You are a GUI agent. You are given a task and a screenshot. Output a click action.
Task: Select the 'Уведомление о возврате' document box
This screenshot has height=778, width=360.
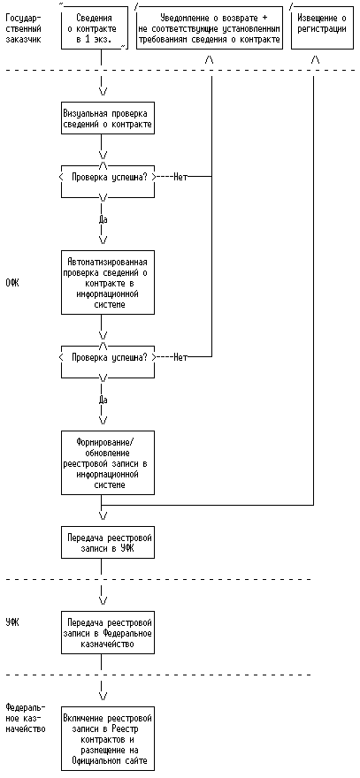[x=210, y=27]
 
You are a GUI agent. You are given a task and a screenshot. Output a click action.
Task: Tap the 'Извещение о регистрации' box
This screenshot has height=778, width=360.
[x=321, y=27]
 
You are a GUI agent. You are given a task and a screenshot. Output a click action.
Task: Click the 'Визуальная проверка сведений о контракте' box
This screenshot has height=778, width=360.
[x=108, y=118]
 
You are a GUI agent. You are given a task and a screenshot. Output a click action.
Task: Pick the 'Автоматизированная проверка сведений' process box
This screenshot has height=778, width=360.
[x=108, y=283]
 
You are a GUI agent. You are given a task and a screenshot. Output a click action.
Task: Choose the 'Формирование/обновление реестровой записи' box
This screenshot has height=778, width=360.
[x=108, y=463]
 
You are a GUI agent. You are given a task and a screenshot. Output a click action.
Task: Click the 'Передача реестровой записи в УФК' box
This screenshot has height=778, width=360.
[x=108, y=542]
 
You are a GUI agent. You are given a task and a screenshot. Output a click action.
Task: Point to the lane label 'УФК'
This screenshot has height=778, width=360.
[x=11, y=622]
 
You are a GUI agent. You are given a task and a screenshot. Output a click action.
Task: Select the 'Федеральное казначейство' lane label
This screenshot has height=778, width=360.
[x=25, y=718]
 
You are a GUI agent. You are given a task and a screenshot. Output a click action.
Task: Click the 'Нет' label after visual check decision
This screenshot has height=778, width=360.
[x=180, y=177]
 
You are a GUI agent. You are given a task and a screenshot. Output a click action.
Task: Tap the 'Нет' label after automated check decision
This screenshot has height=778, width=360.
[x=180, y=357]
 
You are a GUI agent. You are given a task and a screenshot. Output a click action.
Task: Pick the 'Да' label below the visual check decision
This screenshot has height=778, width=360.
[x=103, y=219]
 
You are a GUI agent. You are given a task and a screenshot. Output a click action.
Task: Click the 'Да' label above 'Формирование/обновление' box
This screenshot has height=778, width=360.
[x=103, y=400]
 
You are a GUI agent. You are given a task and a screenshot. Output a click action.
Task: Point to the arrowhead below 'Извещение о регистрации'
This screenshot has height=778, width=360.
[x=315, y=60]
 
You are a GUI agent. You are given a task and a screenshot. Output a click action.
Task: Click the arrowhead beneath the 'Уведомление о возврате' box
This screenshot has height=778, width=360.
[x=210, y=60]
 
